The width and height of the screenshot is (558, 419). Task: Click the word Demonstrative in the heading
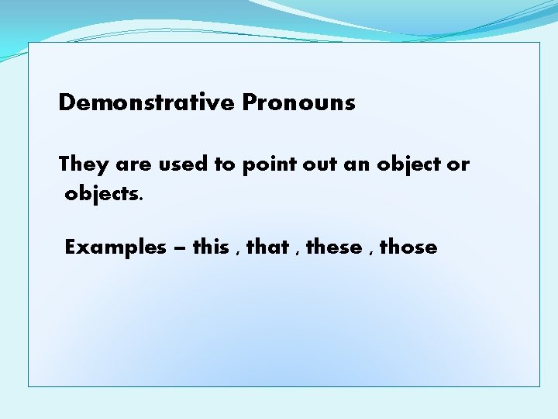[146, 102]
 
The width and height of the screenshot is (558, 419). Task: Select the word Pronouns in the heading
[298, 102]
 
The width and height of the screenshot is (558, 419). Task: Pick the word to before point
[225, 164]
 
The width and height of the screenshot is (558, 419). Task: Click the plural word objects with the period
[104, 194]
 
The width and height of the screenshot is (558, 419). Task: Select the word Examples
[115, 248]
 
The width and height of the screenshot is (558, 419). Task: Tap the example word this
[210, 248]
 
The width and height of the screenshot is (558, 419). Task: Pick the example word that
[267, 248]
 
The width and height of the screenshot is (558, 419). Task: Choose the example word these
[334, 248]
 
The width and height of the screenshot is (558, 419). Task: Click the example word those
[408, 248]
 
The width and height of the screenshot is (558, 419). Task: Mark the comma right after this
[236, 253]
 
